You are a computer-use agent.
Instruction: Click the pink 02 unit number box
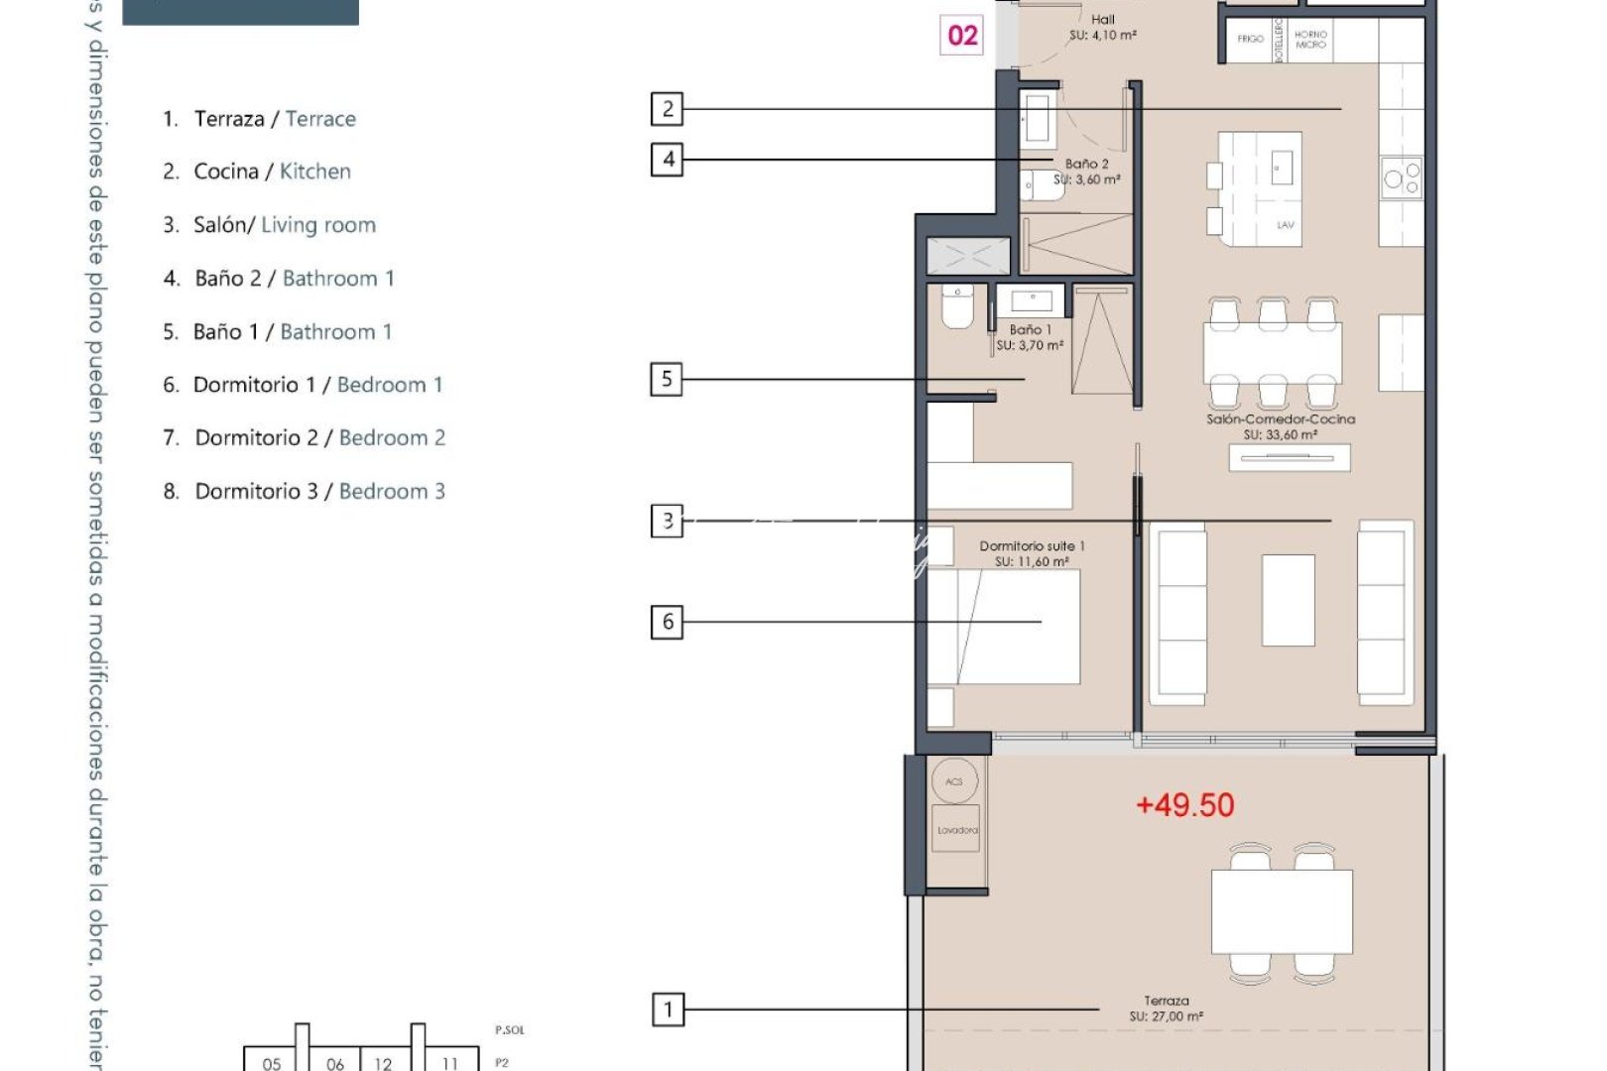(961, 36)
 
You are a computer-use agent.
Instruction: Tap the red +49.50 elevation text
(1184, 804)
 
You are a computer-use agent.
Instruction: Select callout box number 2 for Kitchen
(668, 108)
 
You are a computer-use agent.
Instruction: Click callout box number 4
(668, 159)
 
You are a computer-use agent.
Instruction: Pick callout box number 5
(667, 379)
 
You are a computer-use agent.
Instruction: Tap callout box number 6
(667, 622)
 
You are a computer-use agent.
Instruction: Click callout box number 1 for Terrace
(668, 1010)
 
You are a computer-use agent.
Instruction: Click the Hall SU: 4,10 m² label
(1102, 27)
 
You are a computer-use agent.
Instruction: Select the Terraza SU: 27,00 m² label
(1166, 1009)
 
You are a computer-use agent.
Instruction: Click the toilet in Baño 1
(957, 308)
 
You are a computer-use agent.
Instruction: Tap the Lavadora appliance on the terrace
(957, 830)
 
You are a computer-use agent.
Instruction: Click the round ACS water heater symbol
(954, 781)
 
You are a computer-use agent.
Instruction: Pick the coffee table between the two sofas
(1288, 600)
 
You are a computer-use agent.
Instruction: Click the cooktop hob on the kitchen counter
(1402, 178)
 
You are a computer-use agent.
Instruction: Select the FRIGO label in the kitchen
(1250, 39)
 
